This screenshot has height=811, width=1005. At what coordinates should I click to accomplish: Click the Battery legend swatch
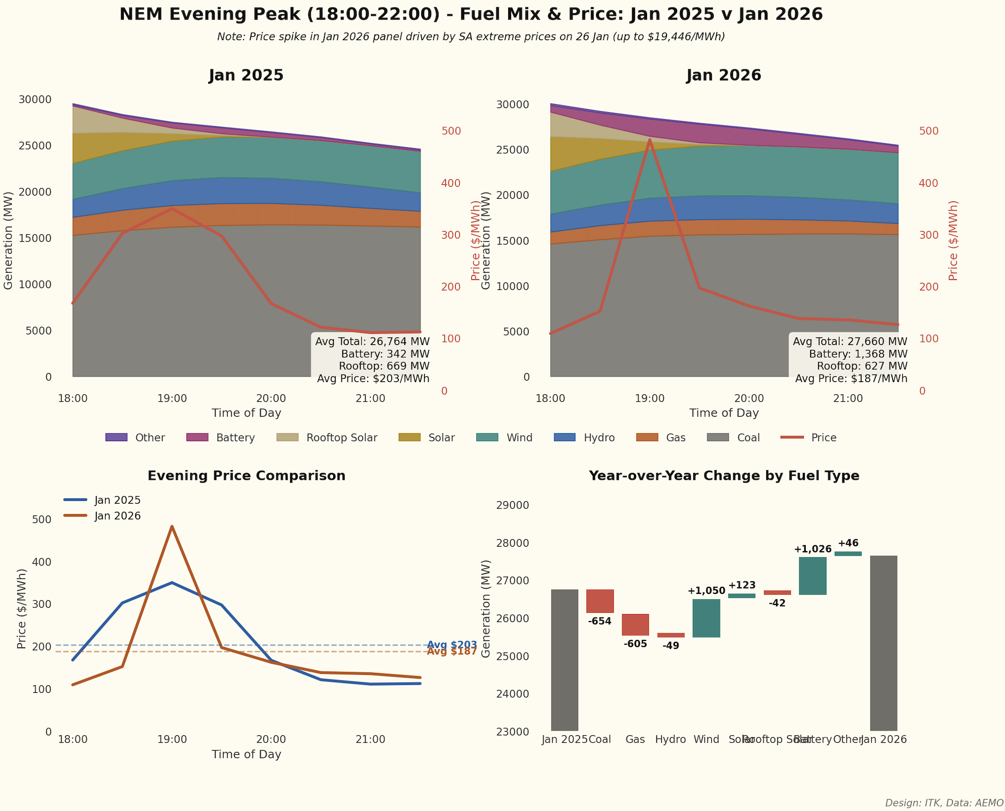pyautogui.click(x=197, y=437)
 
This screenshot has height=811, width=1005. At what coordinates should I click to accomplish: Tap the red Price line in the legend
pyautogui.click(x=792, y=437)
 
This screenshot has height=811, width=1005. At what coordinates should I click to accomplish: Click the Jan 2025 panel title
pyautogui.click(x=246, y=75)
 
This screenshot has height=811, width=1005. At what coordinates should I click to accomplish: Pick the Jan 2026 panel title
pyautogui.click(x=724, y=75)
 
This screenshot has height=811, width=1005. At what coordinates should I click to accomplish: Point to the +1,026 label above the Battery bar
pyautogui.click(x=812, y=549)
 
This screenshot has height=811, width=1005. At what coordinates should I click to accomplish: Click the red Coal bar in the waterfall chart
pyautogui.click(x=600, y=601)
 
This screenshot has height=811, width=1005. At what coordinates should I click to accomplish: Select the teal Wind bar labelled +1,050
pyautogui.click(x=706, y=618)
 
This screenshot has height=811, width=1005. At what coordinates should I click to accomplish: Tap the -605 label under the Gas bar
pyautogui.click(x=635, y=644)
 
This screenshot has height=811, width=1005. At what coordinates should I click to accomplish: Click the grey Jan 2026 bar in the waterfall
pyautogui.click(x=883, y=643)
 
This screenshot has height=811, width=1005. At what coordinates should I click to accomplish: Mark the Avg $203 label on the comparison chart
pyautogui.click(x=452, y=644)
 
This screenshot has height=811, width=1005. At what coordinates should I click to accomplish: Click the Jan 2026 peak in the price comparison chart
pyautogui.click(x=172, y=526)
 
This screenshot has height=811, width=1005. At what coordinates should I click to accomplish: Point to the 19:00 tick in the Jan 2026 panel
pyautogui.click(x=649, y=398)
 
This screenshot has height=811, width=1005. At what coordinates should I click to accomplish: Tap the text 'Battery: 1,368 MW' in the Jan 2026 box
pyautogui.click(x=858, y=354)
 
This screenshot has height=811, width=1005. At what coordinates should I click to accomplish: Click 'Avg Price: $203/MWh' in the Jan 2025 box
pyautogui.click(x=373, y=378)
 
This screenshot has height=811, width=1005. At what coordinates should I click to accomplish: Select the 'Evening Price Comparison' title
pyautogui.click(x=246, y=476)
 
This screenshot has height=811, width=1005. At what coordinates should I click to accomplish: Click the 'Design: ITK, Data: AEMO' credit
pyautogui.click(x=944, y=803)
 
